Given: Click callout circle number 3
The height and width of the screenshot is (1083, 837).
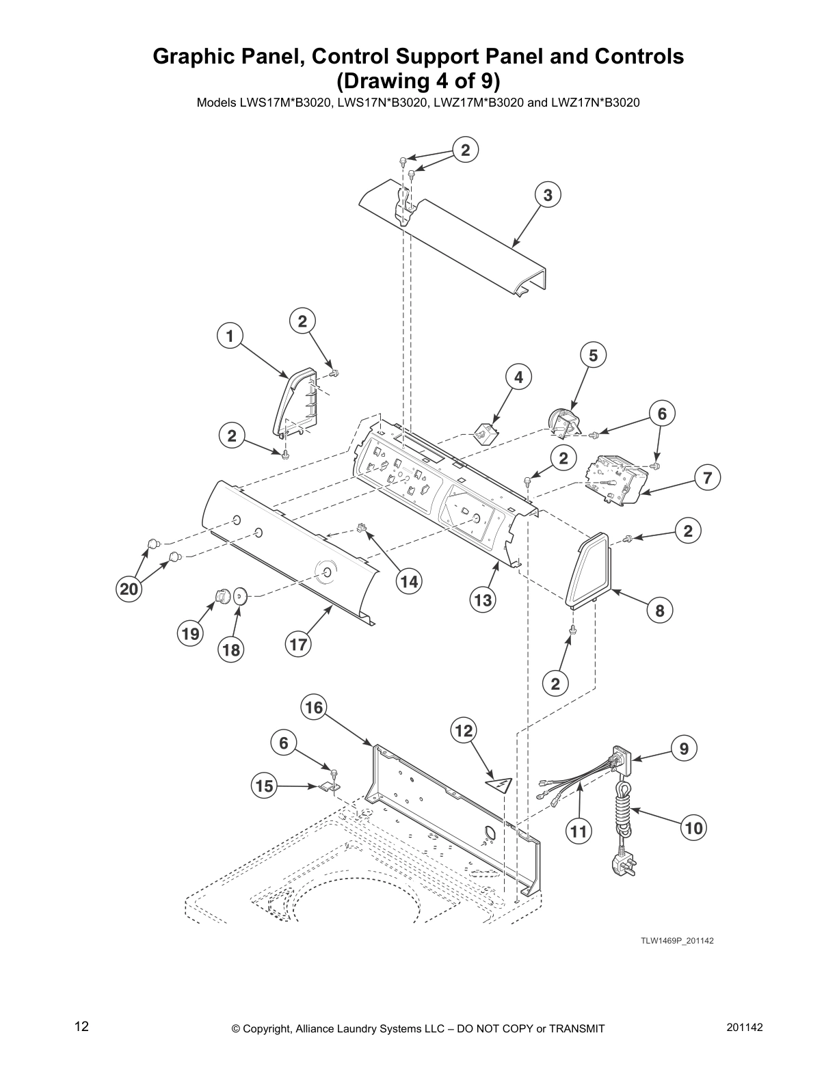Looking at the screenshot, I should pyautogui.click(x=547, y=195).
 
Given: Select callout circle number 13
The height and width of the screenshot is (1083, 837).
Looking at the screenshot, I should pyautogui.click(x=483, y=600).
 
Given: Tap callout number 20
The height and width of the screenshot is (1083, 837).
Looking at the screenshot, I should pyautogui.click(x=129, y=589).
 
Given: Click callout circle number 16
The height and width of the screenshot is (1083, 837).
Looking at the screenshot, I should pyautogui.click(x=314, y=707).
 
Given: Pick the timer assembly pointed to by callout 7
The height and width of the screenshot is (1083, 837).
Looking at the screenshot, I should pyautogui.click(x=615, y=482).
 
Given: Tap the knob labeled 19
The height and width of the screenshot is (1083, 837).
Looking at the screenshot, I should pyautogui.click(x=220, y=596).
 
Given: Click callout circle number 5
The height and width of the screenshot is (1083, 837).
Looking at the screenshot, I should pyautogui.click(x=593, y=355).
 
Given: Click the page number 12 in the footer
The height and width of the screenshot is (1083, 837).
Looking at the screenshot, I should pyautogui.click(x=81, y=1026).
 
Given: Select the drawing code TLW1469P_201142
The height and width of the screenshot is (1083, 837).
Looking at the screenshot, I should pyautogui.click(x=676, y=941).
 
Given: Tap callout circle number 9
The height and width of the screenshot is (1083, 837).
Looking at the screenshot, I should pyautogui.click(x=684, y=748).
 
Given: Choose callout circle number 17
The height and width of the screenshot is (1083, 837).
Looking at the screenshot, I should pyautogui.click(x=298, y=644).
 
